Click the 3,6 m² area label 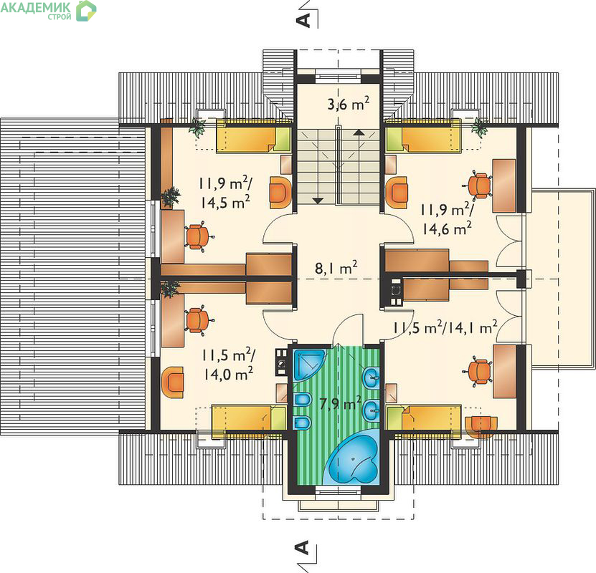point(348,103)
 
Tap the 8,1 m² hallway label point(336,268)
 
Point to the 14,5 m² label point(225,202)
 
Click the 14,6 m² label point(448,228)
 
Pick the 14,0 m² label point(229,374)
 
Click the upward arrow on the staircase point(358,133)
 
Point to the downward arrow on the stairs point(318,201)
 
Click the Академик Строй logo point(48,11)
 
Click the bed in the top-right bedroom point(423,136)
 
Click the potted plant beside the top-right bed point(479,127)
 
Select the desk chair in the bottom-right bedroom point(478,372)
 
